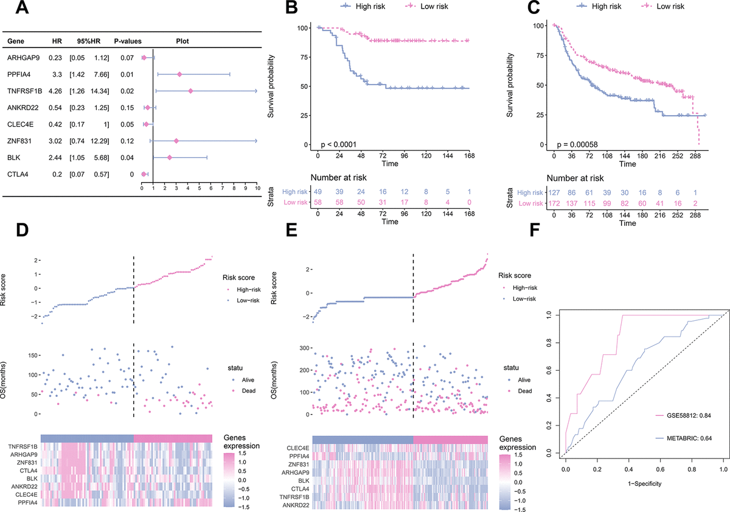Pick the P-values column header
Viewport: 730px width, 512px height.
[127, 42]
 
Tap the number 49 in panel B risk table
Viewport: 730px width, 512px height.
[318, 191]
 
